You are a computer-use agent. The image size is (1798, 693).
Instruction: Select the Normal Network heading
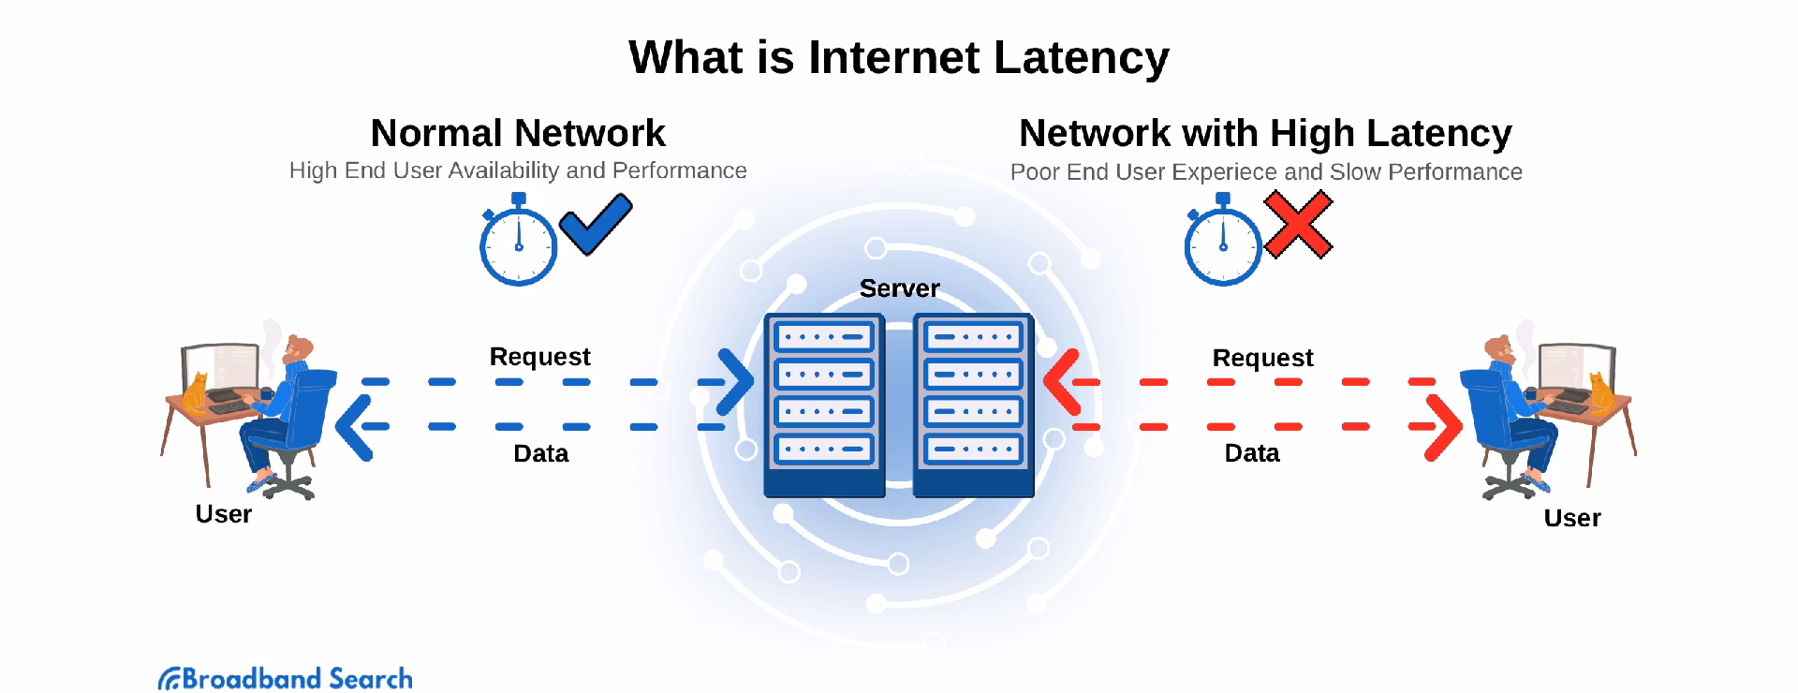[x=518, y=133]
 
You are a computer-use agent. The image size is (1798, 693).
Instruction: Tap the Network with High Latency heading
[x=1265, y=133]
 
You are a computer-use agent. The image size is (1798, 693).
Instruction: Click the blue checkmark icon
[x=596, y=224]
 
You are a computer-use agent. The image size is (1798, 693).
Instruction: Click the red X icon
[x=1298, y=225]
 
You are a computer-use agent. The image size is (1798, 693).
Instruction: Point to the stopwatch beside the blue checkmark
[x=518, y=242]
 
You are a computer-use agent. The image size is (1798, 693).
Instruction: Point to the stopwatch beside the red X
[x=1222, y=242]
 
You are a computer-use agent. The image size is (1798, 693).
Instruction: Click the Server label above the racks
[x=899, y=288]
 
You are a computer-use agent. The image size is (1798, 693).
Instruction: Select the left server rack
[x=824, y=405]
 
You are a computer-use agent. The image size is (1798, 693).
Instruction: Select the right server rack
[x=973, y=405]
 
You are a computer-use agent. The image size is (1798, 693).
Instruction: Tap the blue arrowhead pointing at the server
[x=736, y=382]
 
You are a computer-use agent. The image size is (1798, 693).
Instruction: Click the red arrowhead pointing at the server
[x=1060, y=382]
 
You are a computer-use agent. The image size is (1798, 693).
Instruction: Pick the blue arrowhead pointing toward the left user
[x=353, y=427]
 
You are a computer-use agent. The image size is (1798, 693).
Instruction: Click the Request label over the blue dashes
[x=539, y=357]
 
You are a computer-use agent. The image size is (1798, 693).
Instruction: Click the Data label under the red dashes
[x=1251, y=453]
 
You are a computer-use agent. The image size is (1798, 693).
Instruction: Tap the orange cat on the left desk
[x=196, y=394]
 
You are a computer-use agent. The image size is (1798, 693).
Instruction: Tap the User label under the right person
[x=1571, y=518]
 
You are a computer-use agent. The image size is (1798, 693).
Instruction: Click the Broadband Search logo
[x=286, y=678]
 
